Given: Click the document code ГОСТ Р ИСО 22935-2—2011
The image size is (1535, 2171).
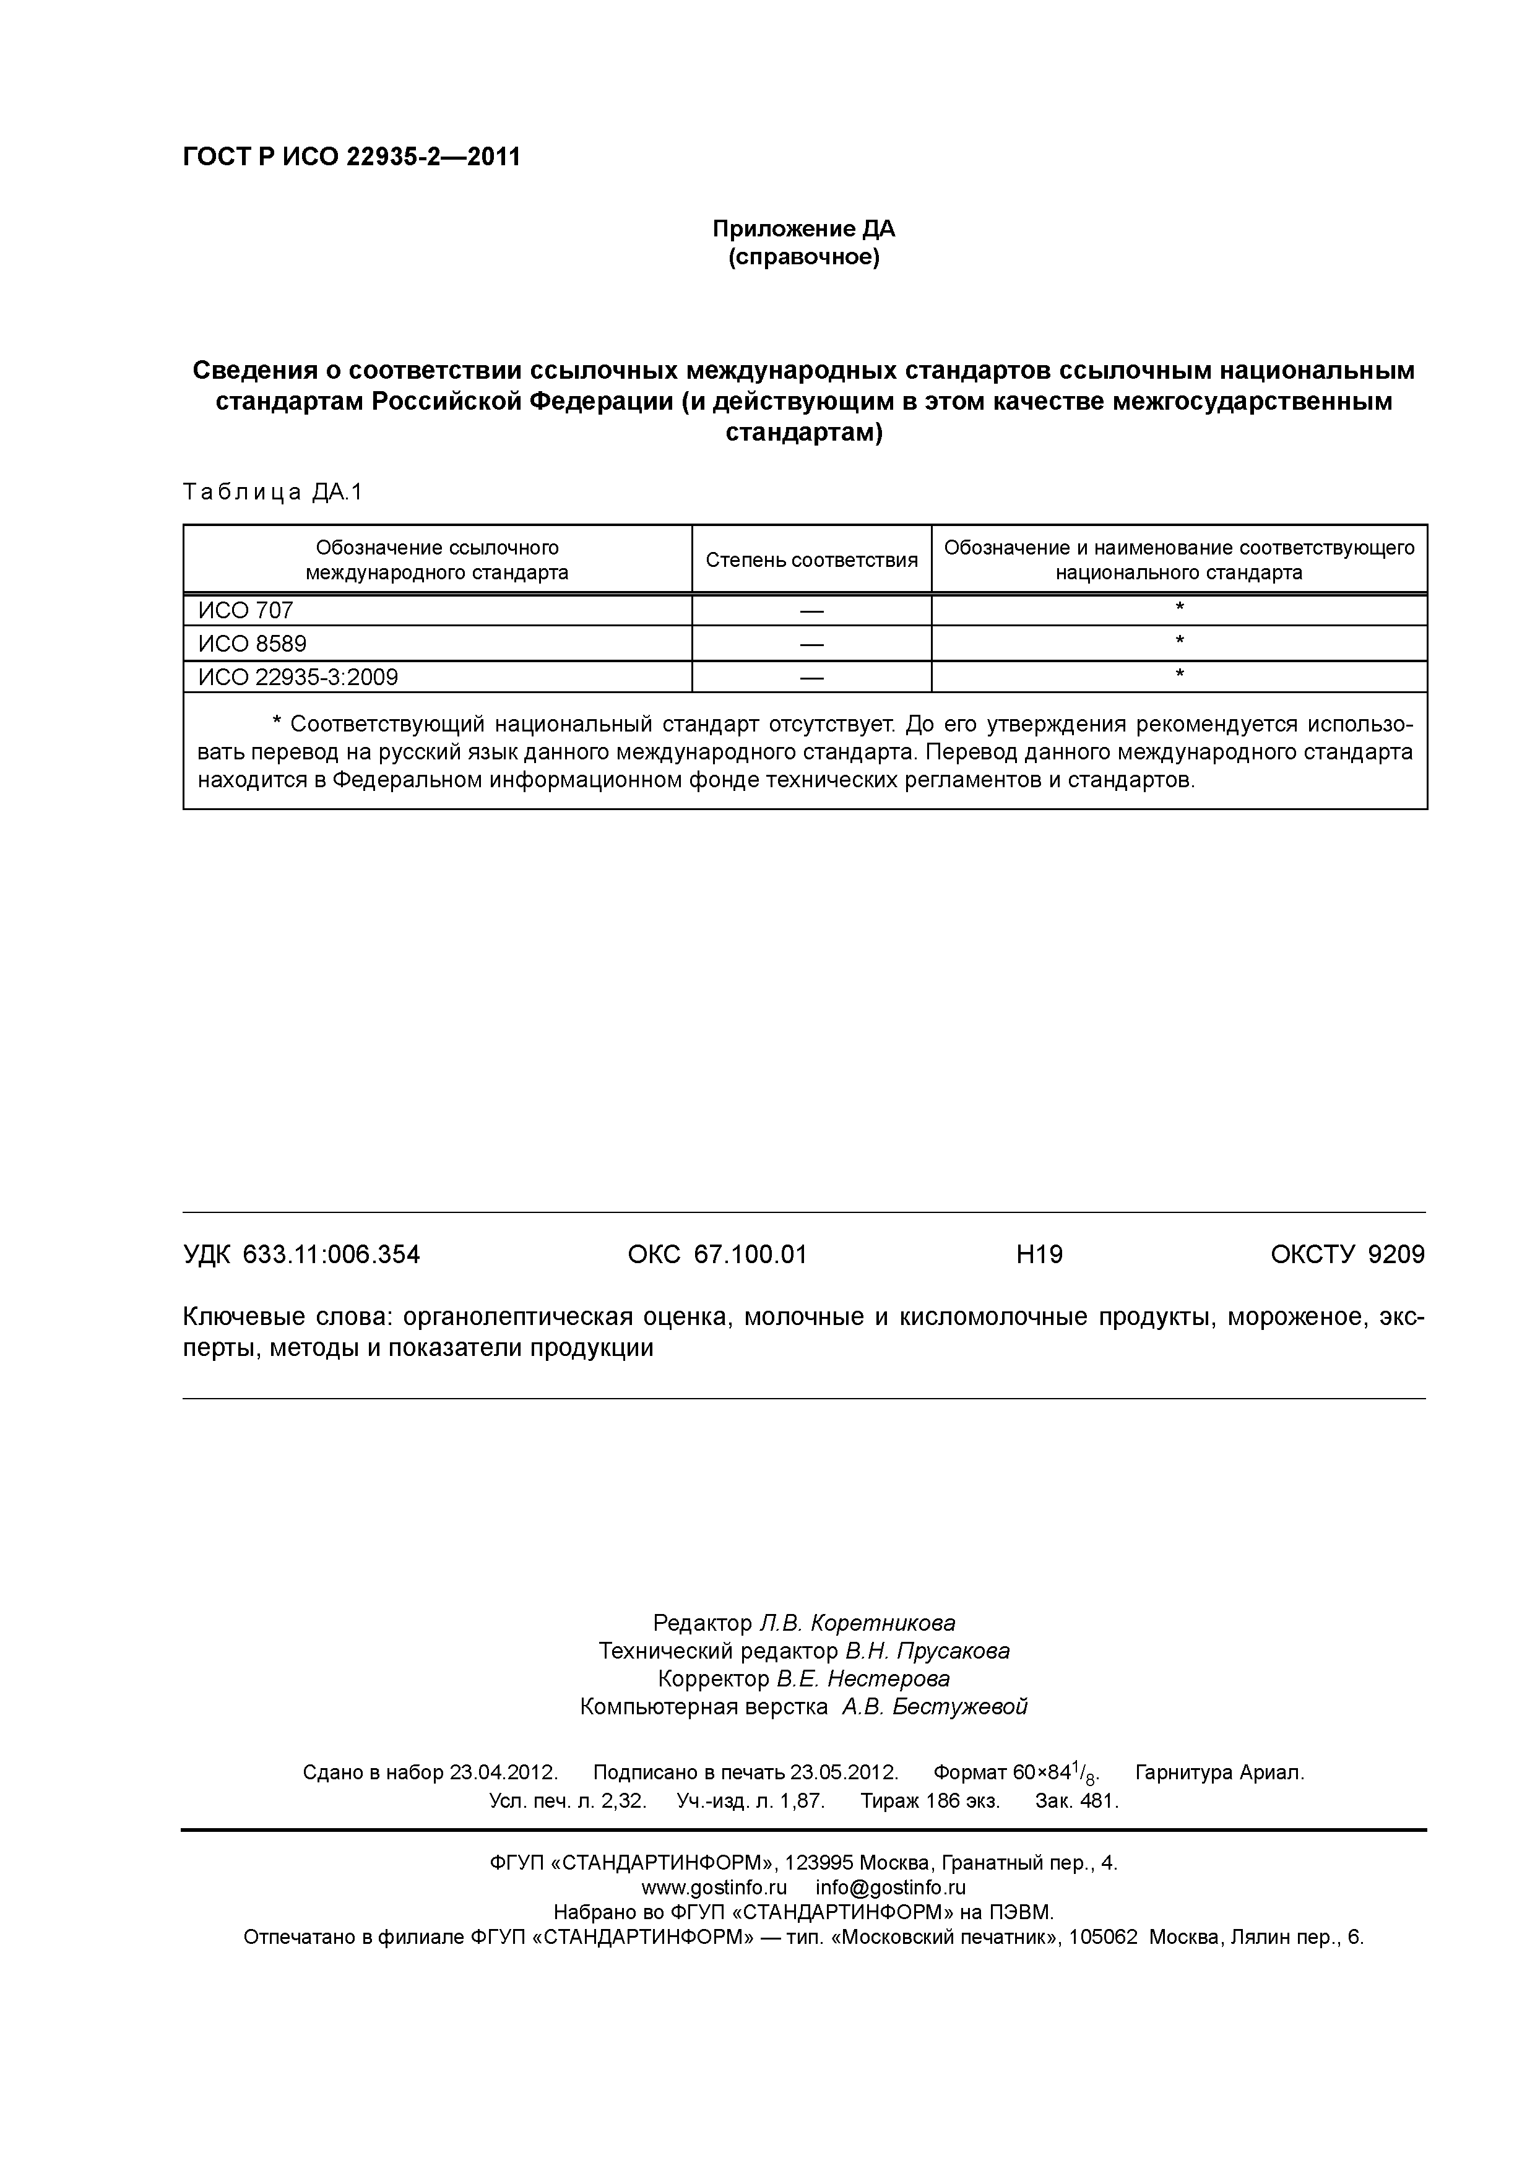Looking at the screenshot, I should click(351, 157).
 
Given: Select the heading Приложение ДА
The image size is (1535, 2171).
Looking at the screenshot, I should click(803, 229).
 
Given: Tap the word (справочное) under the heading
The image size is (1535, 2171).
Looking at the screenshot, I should click(803, 257).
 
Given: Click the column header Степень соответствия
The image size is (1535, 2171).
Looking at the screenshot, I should click(811, 560).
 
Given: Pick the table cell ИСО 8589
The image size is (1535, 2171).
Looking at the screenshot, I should click(253, 644).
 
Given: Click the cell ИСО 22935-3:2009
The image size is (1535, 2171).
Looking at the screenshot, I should click(298, 677).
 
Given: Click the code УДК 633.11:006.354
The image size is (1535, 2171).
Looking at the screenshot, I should click(301, 1254).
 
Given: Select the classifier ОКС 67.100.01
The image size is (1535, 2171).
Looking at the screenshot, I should click(717, 1254).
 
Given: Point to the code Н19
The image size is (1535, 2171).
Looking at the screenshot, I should click(1039, 1254).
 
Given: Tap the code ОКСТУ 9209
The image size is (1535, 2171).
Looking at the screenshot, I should click(1347, 1254).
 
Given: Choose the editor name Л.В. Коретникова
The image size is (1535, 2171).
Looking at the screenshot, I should click(857, 1623).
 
